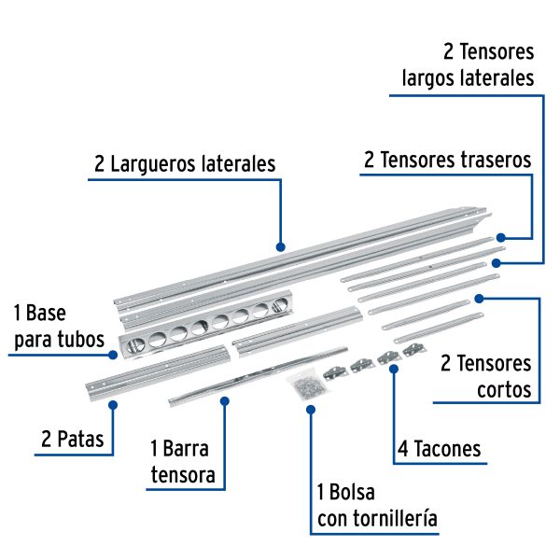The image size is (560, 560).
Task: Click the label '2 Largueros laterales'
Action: point(185,164)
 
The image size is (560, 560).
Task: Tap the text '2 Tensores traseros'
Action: point(447,160)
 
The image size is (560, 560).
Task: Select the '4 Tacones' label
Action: point(439,449)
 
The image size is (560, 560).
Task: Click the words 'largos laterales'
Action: point(468,77)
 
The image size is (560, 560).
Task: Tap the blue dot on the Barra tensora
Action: point(224,400)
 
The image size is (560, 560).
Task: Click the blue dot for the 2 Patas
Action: point(112,405)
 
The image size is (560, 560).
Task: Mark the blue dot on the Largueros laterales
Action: point(280,247)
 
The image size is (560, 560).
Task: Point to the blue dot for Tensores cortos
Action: point(479,299)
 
